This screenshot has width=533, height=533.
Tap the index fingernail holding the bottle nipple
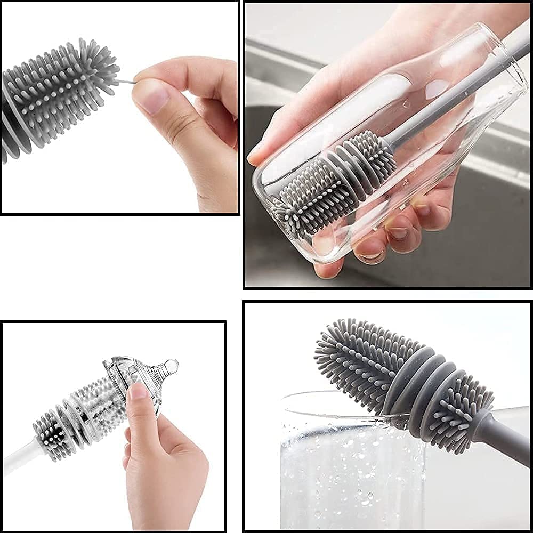[x=138, y=392]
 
